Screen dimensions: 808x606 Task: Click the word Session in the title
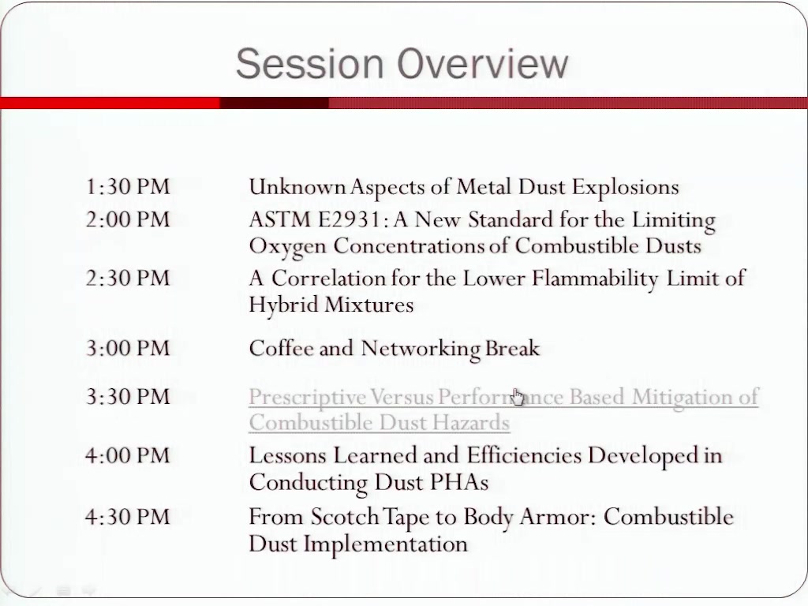[x=309, y=63]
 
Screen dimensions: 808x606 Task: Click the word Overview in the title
[x=482, y=63]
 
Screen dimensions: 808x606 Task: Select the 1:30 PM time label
[x=128, y=186]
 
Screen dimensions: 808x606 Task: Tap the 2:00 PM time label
[x=128, y=219]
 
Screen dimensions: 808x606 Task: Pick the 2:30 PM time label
[x=128, y=279]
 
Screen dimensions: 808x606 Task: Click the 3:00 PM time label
[x=128, y=348]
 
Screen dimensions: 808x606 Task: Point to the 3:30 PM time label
[x=128, y=397]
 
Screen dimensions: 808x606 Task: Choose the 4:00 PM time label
[x=128, y=455]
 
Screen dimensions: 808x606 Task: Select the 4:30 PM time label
[x=128, y=516]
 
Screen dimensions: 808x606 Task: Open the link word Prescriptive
[x=308, y=398]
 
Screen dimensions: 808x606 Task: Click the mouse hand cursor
[x=518, y=397]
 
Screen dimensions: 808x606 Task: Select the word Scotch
[x=345, y=517]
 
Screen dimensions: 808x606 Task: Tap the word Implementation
[x=385, y=544]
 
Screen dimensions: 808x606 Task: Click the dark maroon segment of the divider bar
[x=274, y=103]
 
